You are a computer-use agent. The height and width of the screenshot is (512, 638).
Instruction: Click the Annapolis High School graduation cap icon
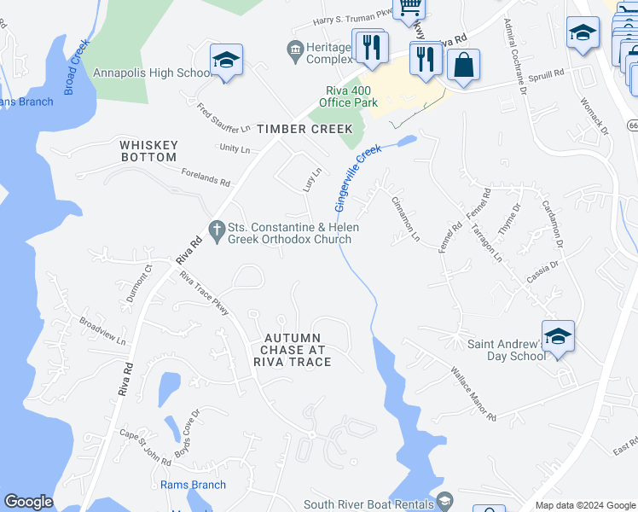pyautogui.click(x=226, y=61)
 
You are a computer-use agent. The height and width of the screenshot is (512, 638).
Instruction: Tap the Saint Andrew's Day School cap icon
pyautogui.click(x=558, y=335)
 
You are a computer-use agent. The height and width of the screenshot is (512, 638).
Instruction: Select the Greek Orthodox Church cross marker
pyautogui.click(x=217, y=229)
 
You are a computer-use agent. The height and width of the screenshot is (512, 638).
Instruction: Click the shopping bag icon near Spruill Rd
pyautogui.click(x=463, y=65)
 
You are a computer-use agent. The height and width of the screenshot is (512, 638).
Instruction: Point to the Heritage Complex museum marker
pyautogui.click(x=296, y=52)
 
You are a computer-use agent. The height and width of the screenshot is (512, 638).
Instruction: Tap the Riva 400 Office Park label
pyautogui.click(x=348, y=96)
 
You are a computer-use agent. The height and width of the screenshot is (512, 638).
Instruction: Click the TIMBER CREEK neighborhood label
pyautogui.click(x=305, y=129)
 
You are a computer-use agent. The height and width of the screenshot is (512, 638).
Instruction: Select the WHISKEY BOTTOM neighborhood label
pyautogui.click(x=148, y=151)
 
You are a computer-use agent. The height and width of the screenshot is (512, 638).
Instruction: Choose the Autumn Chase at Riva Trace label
pyautogui.click(x=292, y=350)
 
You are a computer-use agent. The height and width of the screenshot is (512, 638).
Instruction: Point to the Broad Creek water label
pyautogui.click(x=76, y=66)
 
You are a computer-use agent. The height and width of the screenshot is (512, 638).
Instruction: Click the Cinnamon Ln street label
pyautogui.click(x=405, y=218)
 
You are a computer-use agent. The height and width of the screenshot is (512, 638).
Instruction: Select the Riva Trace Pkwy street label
pyautogui.click(x=205, y=294)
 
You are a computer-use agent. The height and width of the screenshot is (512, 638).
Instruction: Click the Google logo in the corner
pyautogui.click(x=28, y=502)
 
